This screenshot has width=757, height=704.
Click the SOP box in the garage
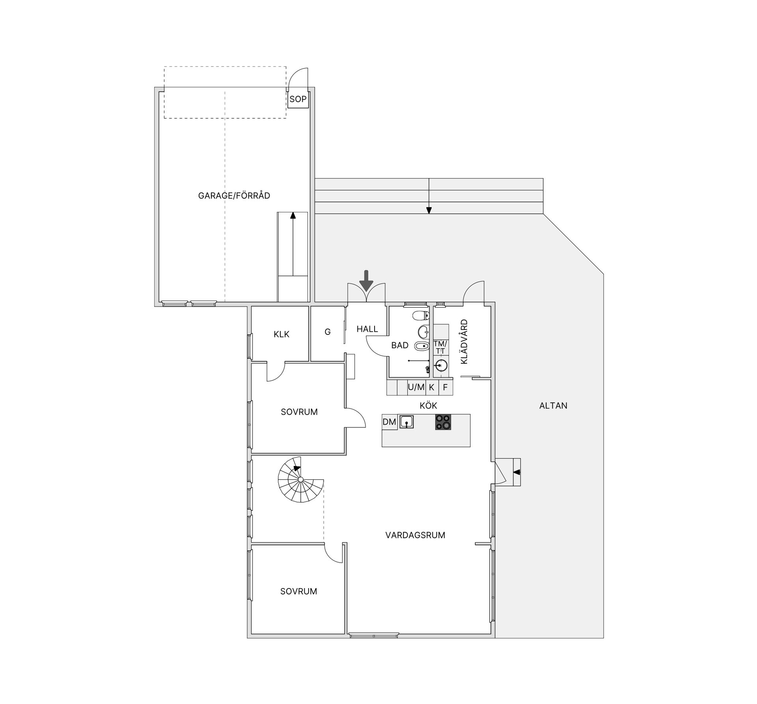click(x=298, y=99)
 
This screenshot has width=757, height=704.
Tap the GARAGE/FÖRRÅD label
click(x=234, y=195)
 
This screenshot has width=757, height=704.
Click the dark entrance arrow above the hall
click(x=367, y=280)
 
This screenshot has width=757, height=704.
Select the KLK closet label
click(x=282, y=334)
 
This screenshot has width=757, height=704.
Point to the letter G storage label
click(x=327, y=332)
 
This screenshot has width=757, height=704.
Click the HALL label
click(x=367, y=329)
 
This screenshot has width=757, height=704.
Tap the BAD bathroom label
click(x=399, y=345)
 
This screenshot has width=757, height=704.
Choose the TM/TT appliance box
click(x=440, y=347)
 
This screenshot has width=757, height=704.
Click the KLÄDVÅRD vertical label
click(x=464, y=341)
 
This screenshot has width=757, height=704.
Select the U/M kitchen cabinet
click(x=416, y=387)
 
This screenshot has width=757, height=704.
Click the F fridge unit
click(x=445, y=387)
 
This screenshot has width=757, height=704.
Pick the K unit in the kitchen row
click(x=431, y=387)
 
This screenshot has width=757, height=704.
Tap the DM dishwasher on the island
click(x=389, y=422)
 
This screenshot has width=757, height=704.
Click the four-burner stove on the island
click(x=443, y=422)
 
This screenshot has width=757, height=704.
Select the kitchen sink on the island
click(x=406, y=422)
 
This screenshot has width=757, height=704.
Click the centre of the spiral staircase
click(x=300, y=479)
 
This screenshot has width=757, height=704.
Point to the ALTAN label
click(x=553, y=405)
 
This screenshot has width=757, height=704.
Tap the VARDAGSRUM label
click(x=415, y=535)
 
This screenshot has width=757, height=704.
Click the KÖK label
click(x=428, y=405)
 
